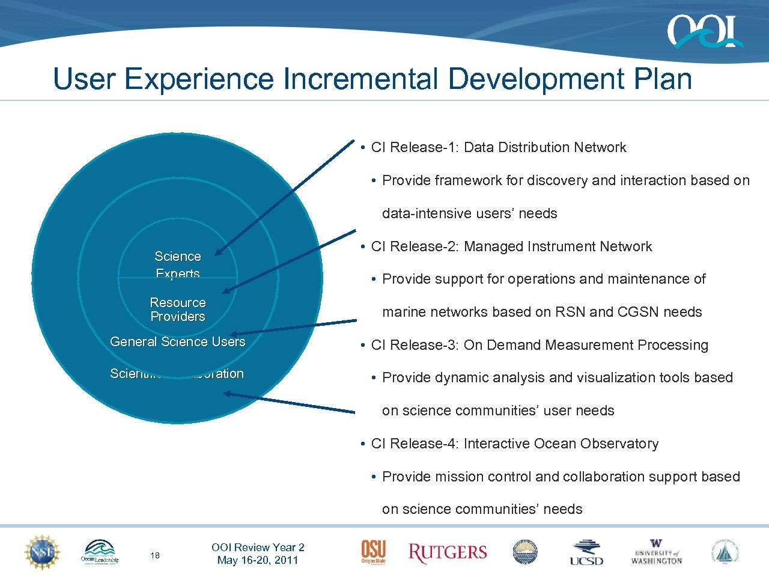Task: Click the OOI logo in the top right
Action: (x=704, y=31)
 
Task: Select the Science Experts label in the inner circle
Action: (x=177, y=264)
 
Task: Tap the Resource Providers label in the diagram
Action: (x=177, y=310)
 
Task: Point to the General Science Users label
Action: (x=177, y=342)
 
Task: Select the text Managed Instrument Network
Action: (x=558, y=246)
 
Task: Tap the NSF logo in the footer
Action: (x=41, y=552)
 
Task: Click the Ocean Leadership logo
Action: (x=100, y=552)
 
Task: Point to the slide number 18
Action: (x=155, y=555)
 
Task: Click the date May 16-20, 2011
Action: (x=258, y=560)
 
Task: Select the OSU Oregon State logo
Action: (x=373, y=552)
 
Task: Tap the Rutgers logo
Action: (x=448, y=552)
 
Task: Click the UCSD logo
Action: (x=586, y=552)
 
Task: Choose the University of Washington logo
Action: (x=656, y=552)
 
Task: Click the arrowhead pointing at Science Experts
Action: (x=218, y=253)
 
